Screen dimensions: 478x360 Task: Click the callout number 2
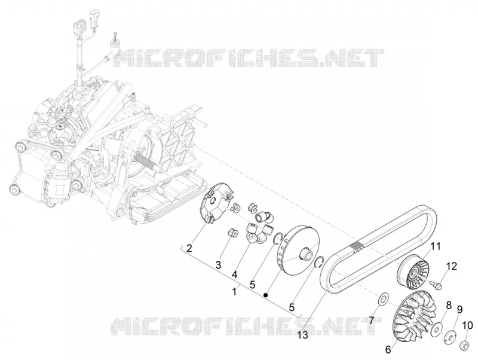coord(189,248)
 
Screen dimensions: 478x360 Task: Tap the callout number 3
coord(218,265)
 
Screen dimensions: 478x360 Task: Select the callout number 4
coord(234,274)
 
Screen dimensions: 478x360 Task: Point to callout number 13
coord(303,335)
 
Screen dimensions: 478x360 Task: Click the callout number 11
coord(436,246)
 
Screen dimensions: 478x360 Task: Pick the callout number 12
coord(452,266)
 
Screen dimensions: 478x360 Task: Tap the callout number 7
coord(371,321)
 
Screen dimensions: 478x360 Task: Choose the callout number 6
coord(388,349)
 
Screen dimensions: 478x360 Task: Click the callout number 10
coord(468,325)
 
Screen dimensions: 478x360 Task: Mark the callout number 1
coord(234,292)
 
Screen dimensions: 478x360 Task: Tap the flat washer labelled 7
coord(382,299)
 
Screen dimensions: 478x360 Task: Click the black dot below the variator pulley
coord(266,295)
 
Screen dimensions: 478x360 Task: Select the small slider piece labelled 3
coord(232,232)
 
